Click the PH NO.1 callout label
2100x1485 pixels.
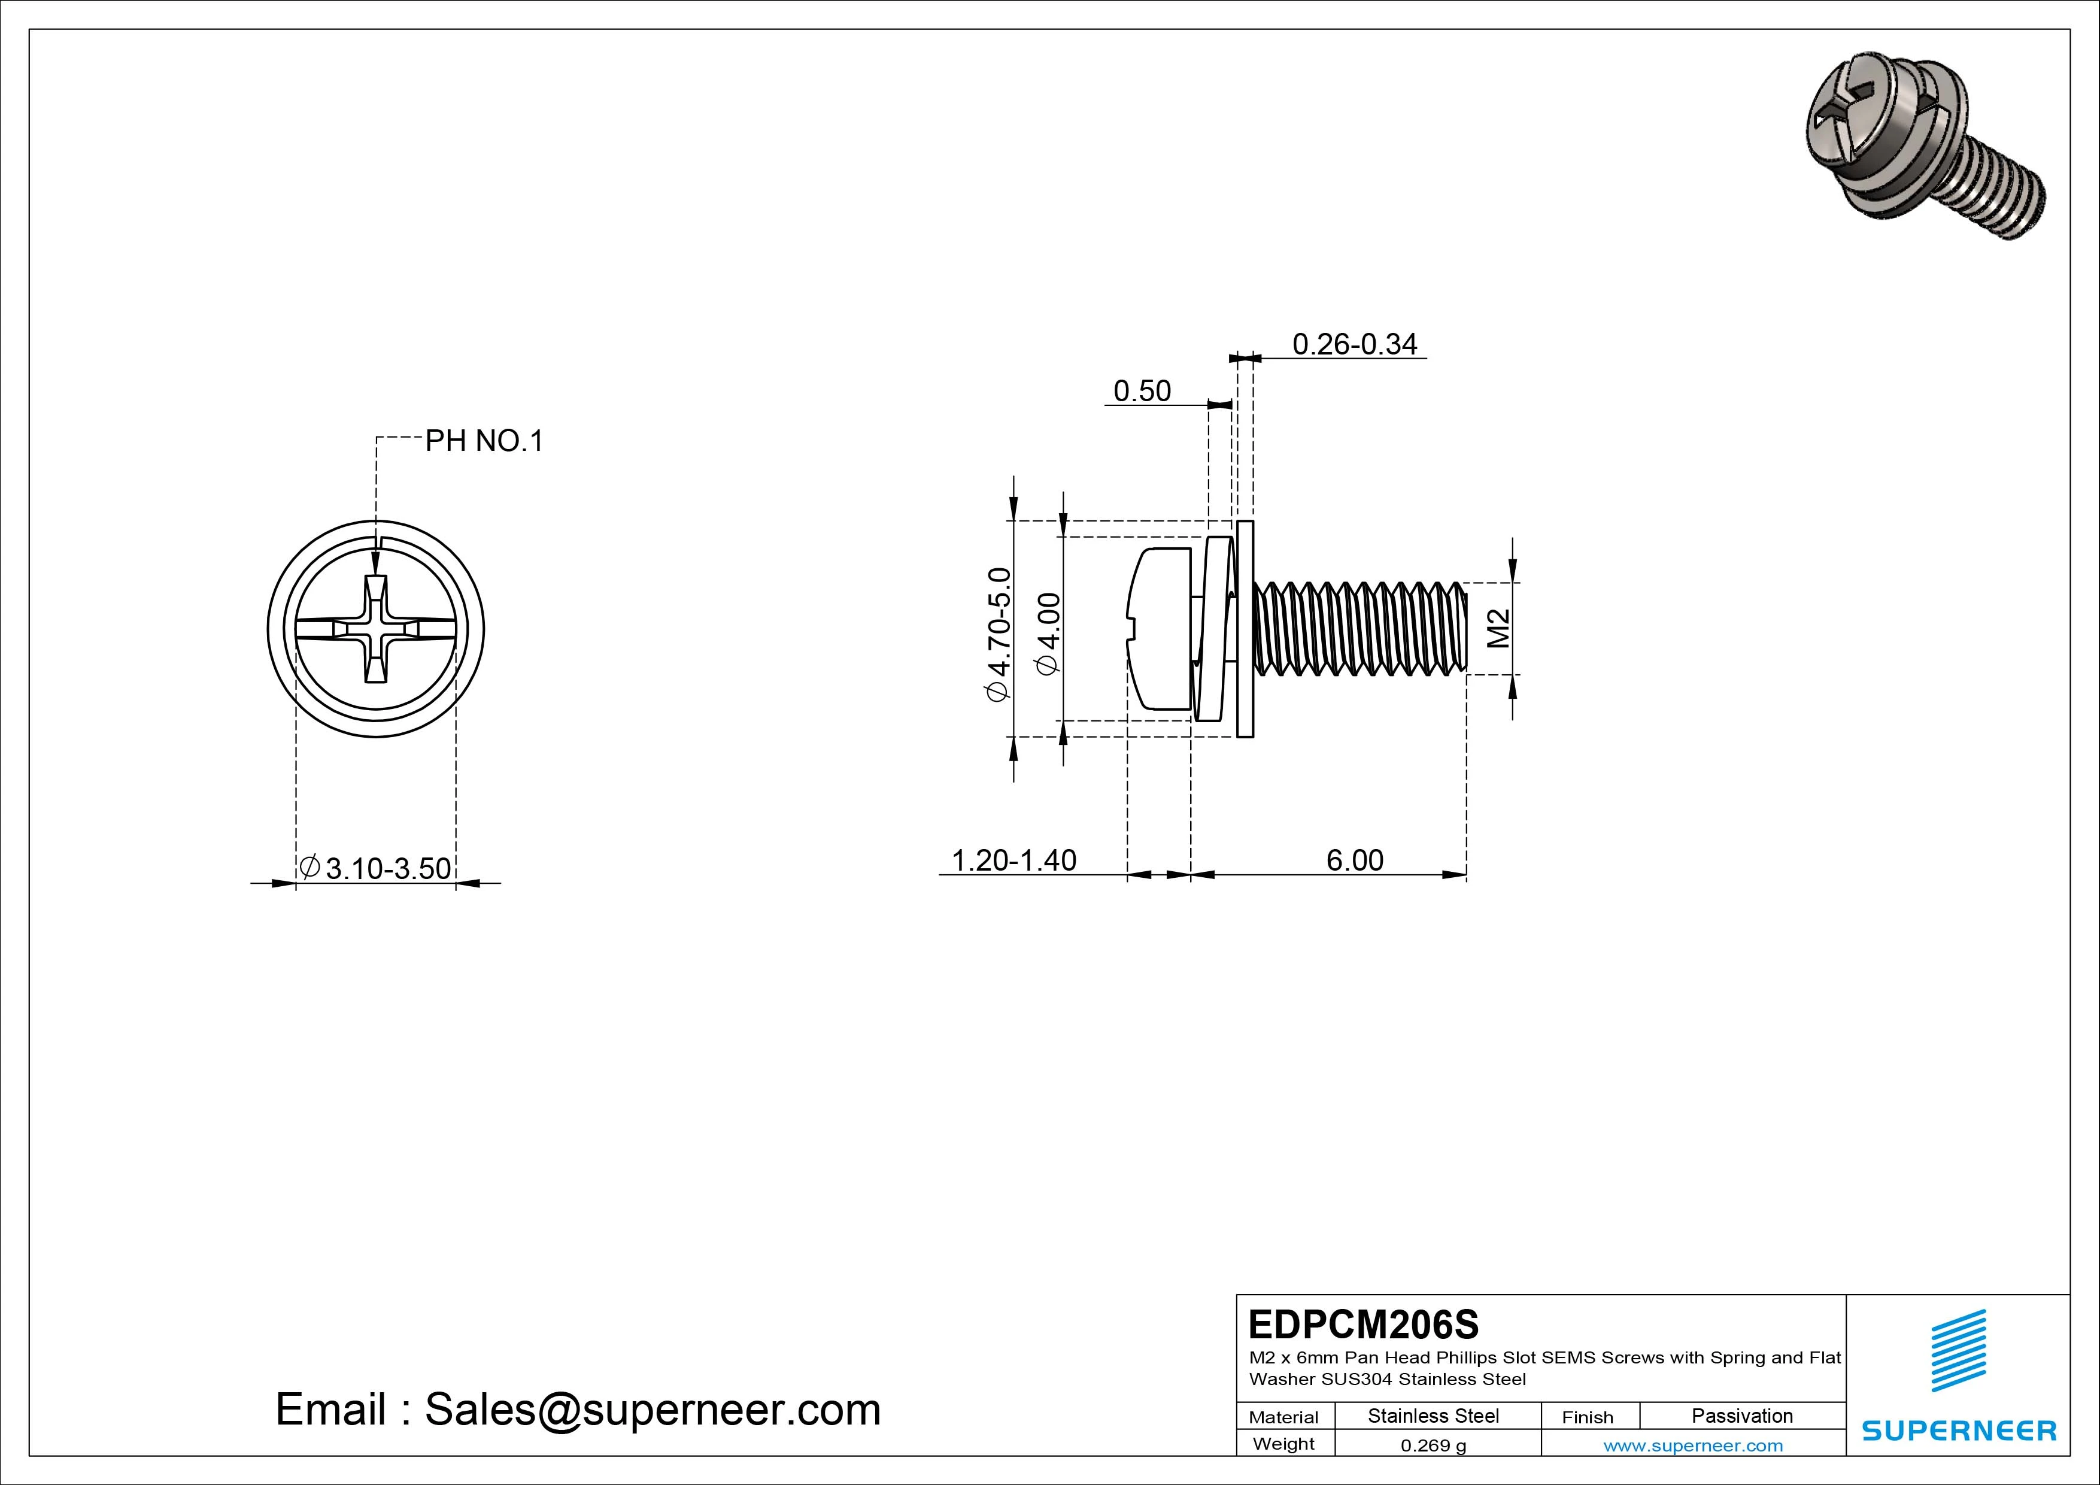484,441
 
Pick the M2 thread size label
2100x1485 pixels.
1498,629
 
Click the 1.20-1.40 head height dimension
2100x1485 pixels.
1013,860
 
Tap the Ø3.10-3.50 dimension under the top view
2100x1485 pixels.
376,868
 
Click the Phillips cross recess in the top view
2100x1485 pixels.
376,629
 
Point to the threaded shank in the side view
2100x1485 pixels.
1361,629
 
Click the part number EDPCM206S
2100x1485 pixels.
1363,1324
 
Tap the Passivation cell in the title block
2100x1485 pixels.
1741,1416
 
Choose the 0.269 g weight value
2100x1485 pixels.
1433,1445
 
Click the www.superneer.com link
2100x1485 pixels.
1693,1445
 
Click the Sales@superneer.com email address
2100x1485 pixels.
652,1409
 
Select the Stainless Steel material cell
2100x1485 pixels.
1433,1416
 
